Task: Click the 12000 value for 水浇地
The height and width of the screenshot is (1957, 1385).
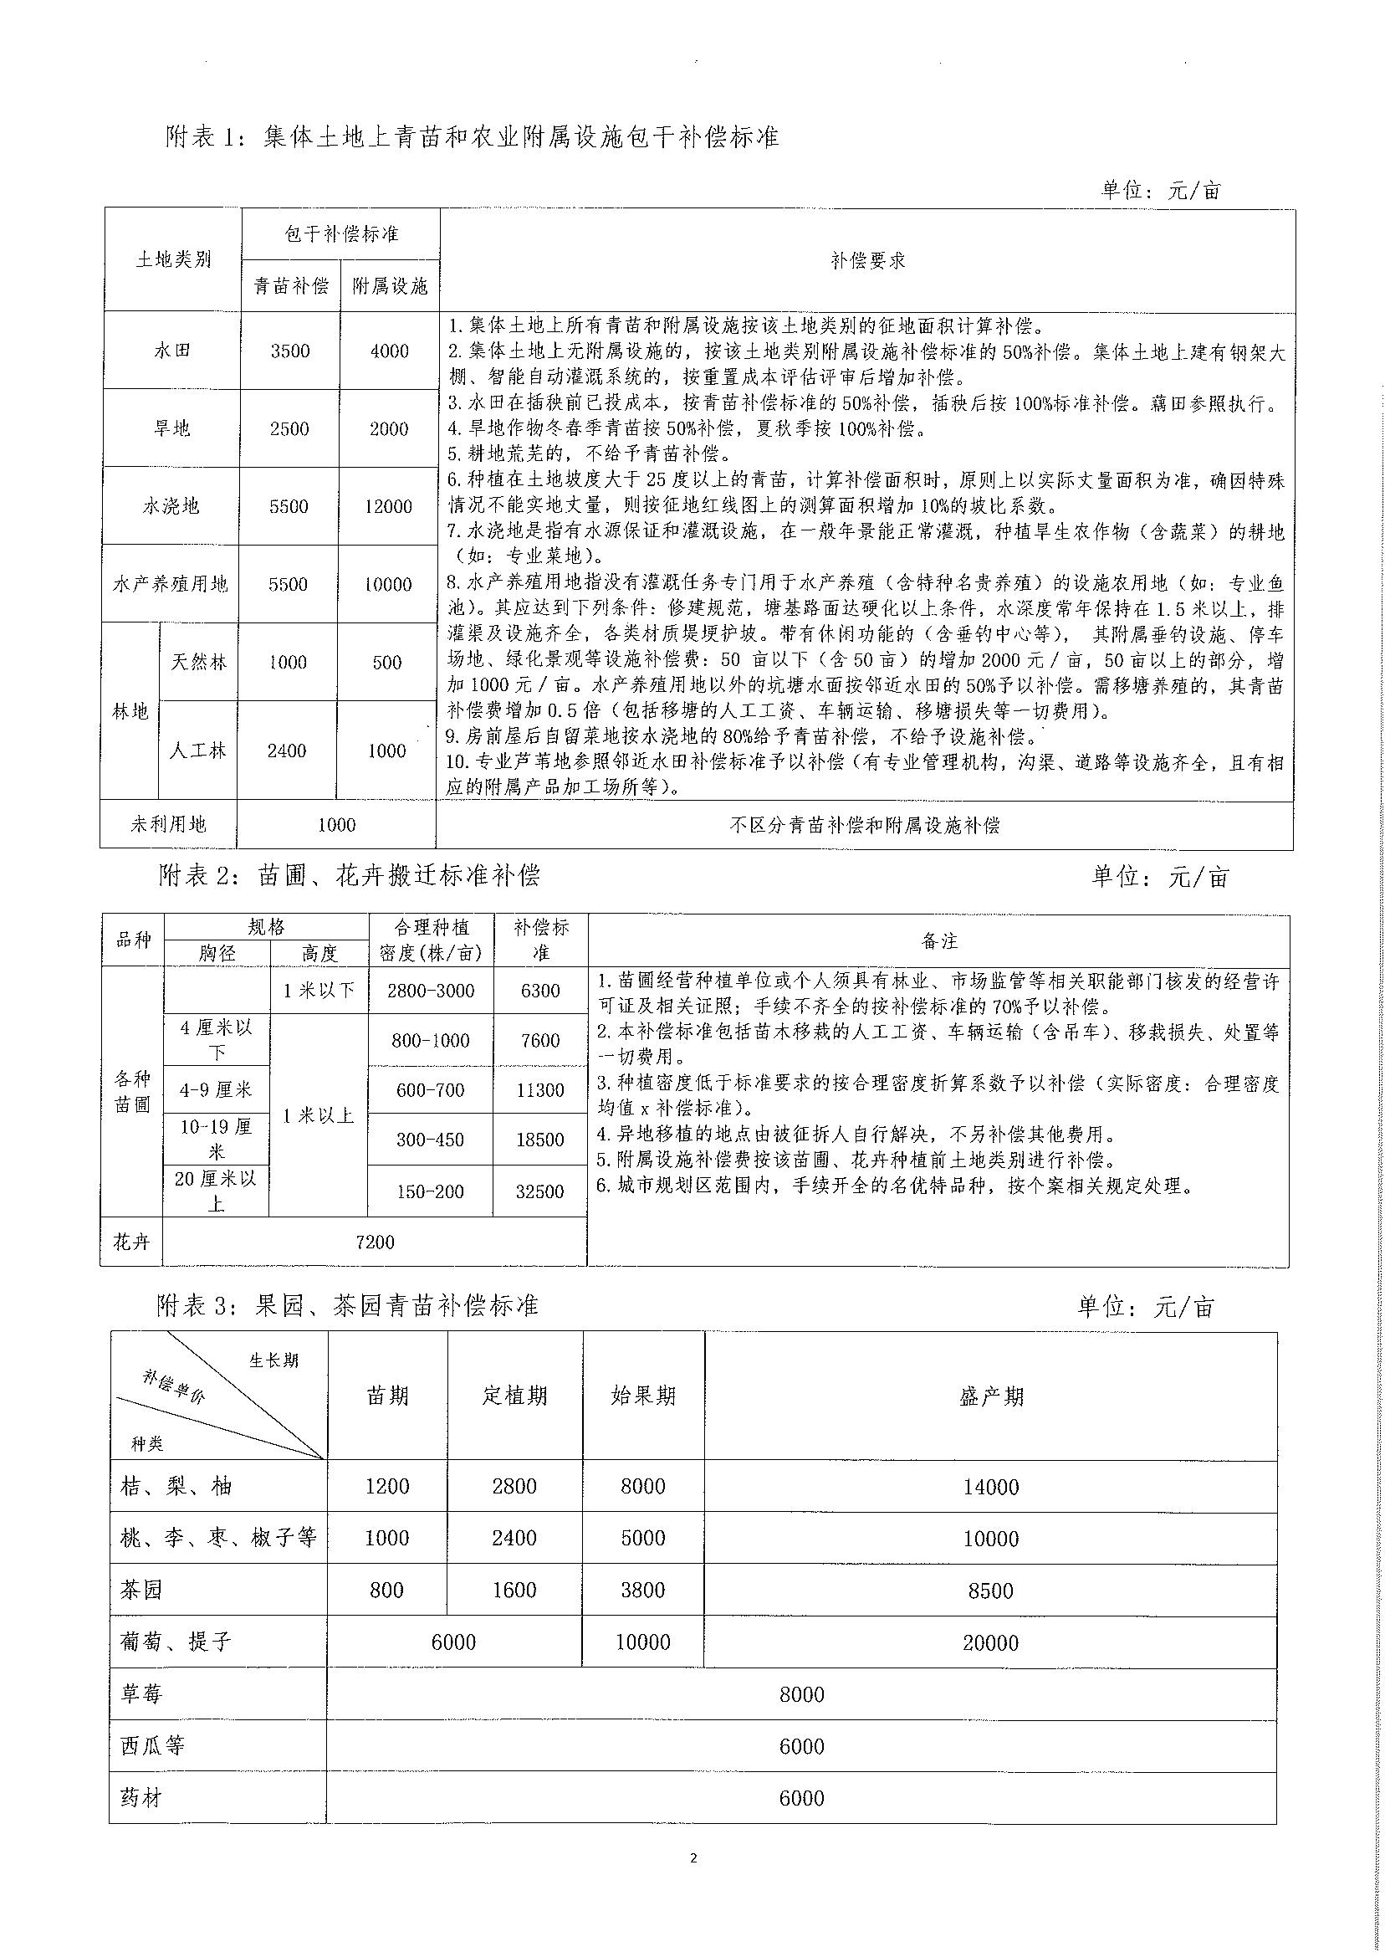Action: click(x=388, y=506)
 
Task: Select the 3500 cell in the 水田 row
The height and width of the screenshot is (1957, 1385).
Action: click(x=290, y=351)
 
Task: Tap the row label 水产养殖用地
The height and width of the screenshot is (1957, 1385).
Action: click(x=171, y=584)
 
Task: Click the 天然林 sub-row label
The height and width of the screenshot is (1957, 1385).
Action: click(x=199, y=662)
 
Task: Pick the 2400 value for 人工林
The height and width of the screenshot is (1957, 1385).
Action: click(x=287, y=751)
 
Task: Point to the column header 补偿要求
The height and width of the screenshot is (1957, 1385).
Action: click(x=867, y=261)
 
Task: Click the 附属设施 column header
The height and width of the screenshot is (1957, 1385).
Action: click(x=390, y=286)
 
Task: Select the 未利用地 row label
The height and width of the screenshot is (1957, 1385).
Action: click(x=168, y=824)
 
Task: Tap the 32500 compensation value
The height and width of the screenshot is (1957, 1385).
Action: click(x=539, y=1191)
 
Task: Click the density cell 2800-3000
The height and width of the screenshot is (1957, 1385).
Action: click(x=430, y=991)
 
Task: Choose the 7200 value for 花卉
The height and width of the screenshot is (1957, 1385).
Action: click(x=375, y=1242)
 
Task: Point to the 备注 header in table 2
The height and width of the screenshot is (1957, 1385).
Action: click(x=939, y=941)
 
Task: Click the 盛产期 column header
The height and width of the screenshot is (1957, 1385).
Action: click(x=991, y=1396)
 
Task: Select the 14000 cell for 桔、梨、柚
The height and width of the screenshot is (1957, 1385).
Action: click(x=991, y=1487)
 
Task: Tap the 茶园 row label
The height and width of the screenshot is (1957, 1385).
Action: click(x=141, y=1591)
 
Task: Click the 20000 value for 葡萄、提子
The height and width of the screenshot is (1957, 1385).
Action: click(x=991, y=1642)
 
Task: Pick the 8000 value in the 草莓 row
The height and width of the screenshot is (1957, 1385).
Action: click(x=802, y=1694)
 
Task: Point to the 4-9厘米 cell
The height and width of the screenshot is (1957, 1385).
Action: click(x=216, y=1089)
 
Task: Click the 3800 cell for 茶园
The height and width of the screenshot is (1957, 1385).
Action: click(x=643, y=1591)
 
